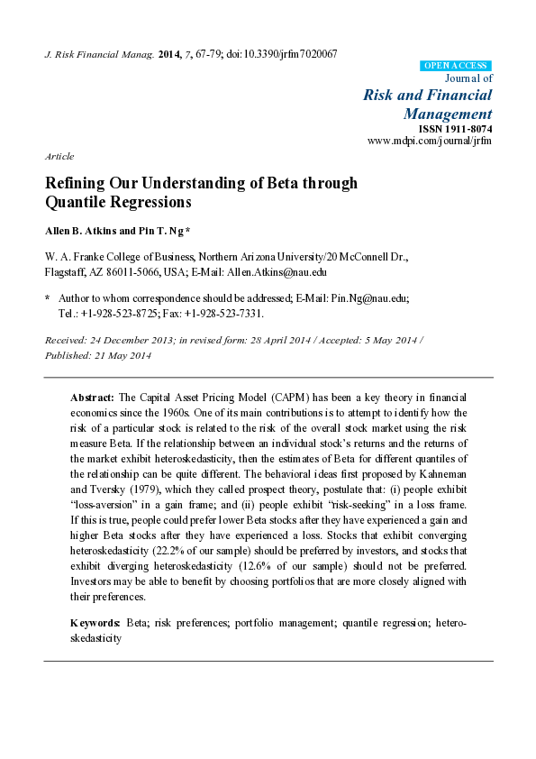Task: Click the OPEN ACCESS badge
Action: (456, 66)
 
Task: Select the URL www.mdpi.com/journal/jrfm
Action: (431, 142)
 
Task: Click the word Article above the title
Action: (59, 156)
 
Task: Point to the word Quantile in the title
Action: (78, 202)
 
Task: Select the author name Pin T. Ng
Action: (159, 232)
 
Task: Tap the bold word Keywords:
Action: (96, 623)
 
